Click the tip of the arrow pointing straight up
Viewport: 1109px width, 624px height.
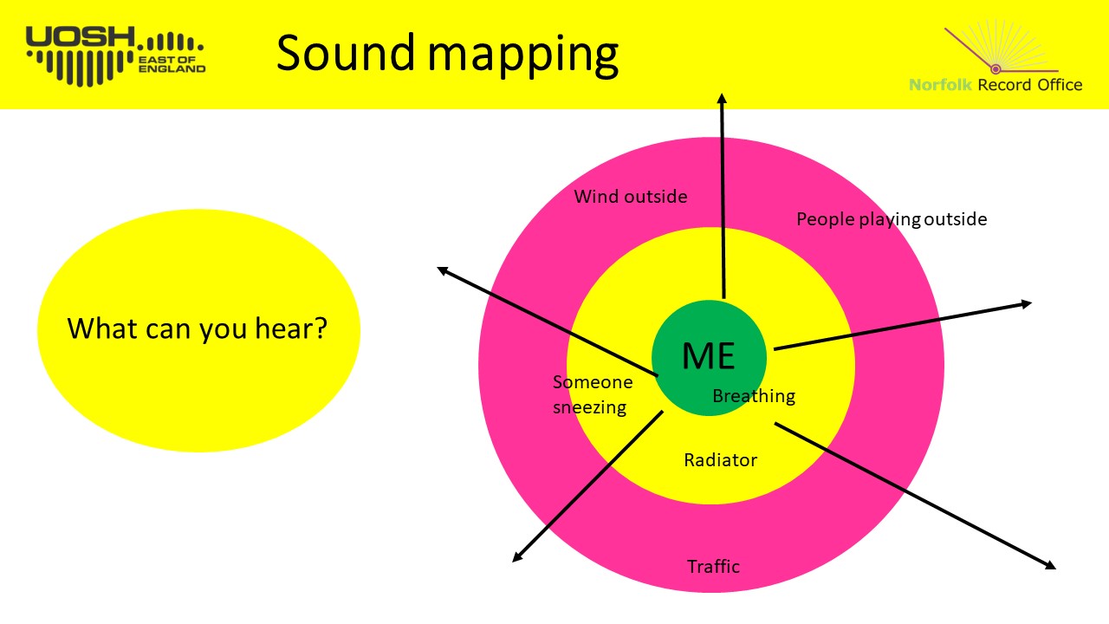pyautogui.click(x=723, y=94)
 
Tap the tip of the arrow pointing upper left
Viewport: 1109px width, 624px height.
pyautogui.click(x=438, y=268)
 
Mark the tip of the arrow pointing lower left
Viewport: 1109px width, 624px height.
pyautogui.click(x=513, y=562)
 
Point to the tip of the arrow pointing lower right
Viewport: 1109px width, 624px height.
pyautogui.click(x=1056, y=569)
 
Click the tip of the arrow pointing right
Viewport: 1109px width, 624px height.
pyautogui.click(x=1032, y=302)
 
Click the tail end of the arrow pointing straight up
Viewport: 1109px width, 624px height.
pyautogui.click(x=723, y=299)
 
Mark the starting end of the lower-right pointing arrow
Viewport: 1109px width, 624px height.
pyautogui.click(x=775, y=424)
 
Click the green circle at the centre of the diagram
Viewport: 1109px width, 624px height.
pyautogui.click(x=709, y=358)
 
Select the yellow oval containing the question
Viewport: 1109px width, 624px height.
pyautogui.click(x=198, y=330)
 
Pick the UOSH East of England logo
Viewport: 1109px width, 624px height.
pyautogui.click(x=115, y=55)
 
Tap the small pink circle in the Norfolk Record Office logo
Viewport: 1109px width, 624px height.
pyautogui.click(x=996, y=68)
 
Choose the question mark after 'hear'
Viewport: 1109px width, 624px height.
pyautogui.click(x=321, y=328)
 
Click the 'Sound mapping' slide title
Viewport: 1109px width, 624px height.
pyautogui.click(x=447, y=54)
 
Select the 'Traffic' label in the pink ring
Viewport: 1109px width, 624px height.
pyautogui.click(x=713, y=566)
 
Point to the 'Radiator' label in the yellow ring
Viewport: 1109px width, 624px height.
pyautogui.click(x=720, y=460)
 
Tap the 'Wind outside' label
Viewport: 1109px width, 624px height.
pyautogui.click(x=631, y=197)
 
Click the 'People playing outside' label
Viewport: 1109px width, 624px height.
pyautogui.click(x=892, y=219)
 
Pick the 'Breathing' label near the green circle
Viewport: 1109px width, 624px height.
pyautogui.click(x=754, y=396)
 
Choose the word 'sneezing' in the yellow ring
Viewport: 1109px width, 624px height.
pyautogui.click(x=590, y=407)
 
